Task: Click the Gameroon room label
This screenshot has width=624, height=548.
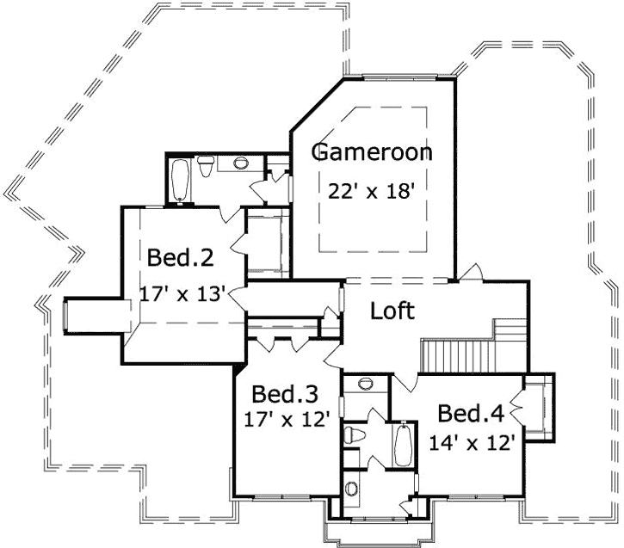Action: pyautogui.click(x=371, y=153)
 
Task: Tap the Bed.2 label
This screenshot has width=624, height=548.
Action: pyautogui.click(x=180, y=257)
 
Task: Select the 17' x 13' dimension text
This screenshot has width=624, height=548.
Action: pyautogui.click(x=182, y=293)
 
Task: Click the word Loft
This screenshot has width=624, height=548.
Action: pyautogui.click(x=392, y=311)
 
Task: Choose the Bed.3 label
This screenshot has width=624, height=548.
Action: pyautogui.click(x=285, y=394)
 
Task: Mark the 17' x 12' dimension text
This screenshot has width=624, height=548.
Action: pyautogui.click(x=287, y=422)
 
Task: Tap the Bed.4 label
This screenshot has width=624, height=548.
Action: pyautogui.click(x=470, y=414)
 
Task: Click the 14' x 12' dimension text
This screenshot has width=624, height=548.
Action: pyautogui.click(x=473, y=443)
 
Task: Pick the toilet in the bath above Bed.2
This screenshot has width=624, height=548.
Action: pyautogui.click(x=207, y=167)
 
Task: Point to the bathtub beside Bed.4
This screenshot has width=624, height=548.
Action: pyautogui.click(x=402, y=444)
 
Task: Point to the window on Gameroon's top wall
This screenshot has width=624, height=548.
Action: pyautogui.click(x=398, y=78)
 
